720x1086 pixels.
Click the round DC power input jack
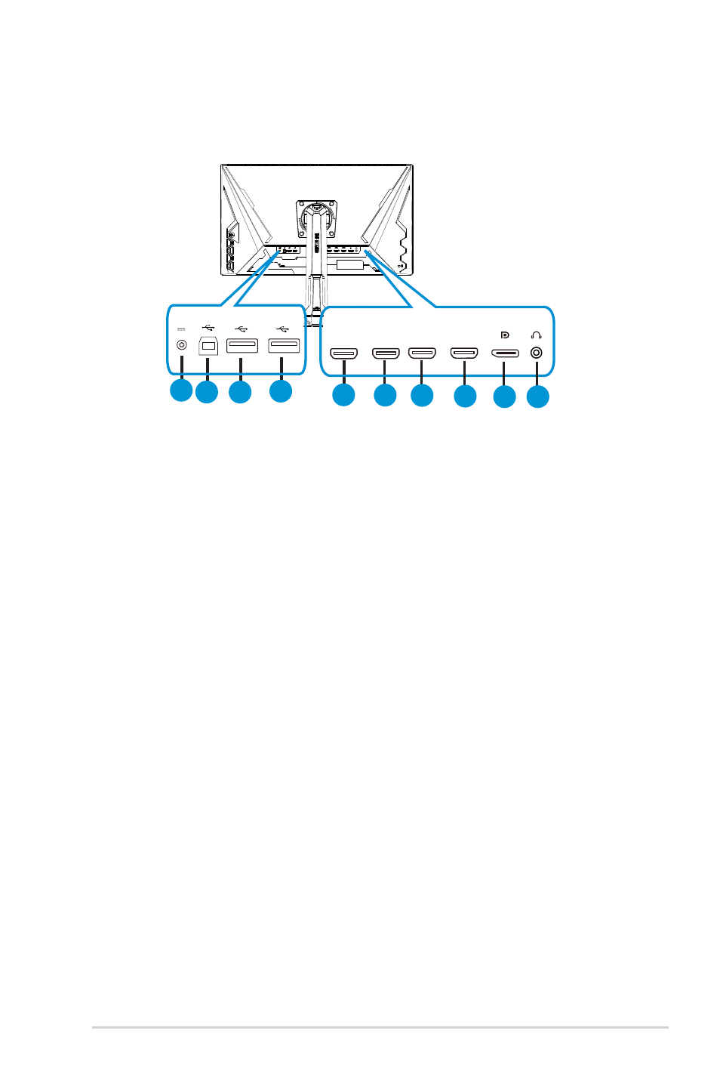[x=181, y=345]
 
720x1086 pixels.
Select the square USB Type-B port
[x=208, y=346]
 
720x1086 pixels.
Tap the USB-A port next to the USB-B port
[x=242, y=346]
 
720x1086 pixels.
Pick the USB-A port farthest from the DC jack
[x=284, y=346]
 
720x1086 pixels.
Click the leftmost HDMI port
[x=343, y=353]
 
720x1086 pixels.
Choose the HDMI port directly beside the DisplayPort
[x=464, y=353]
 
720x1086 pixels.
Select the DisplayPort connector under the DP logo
[x=505, y=353]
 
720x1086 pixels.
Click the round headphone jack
[x=537, y=352]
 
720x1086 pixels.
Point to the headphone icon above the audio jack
[x=537, y=335]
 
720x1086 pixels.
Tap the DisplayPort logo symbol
[x=505, y=335]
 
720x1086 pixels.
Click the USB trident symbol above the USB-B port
[x=208, y=328]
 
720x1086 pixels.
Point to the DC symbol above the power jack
[x=181, y=329]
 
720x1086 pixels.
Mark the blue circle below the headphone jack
[x=537, y=396]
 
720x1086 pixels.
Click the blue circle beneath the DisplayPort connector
[x=504, y=396]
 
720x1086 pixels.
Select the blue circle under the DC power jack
[x=180, y=390]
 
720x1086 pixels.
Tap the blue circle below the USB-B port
[x=207, y=392]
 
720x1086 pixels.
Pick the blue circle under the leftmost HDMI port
[x=343, y=395]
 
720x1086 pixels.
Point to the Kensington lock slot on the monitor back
[x=400, y=265]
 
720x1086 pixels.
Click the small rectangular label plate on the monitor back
[x=350, y=265]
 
